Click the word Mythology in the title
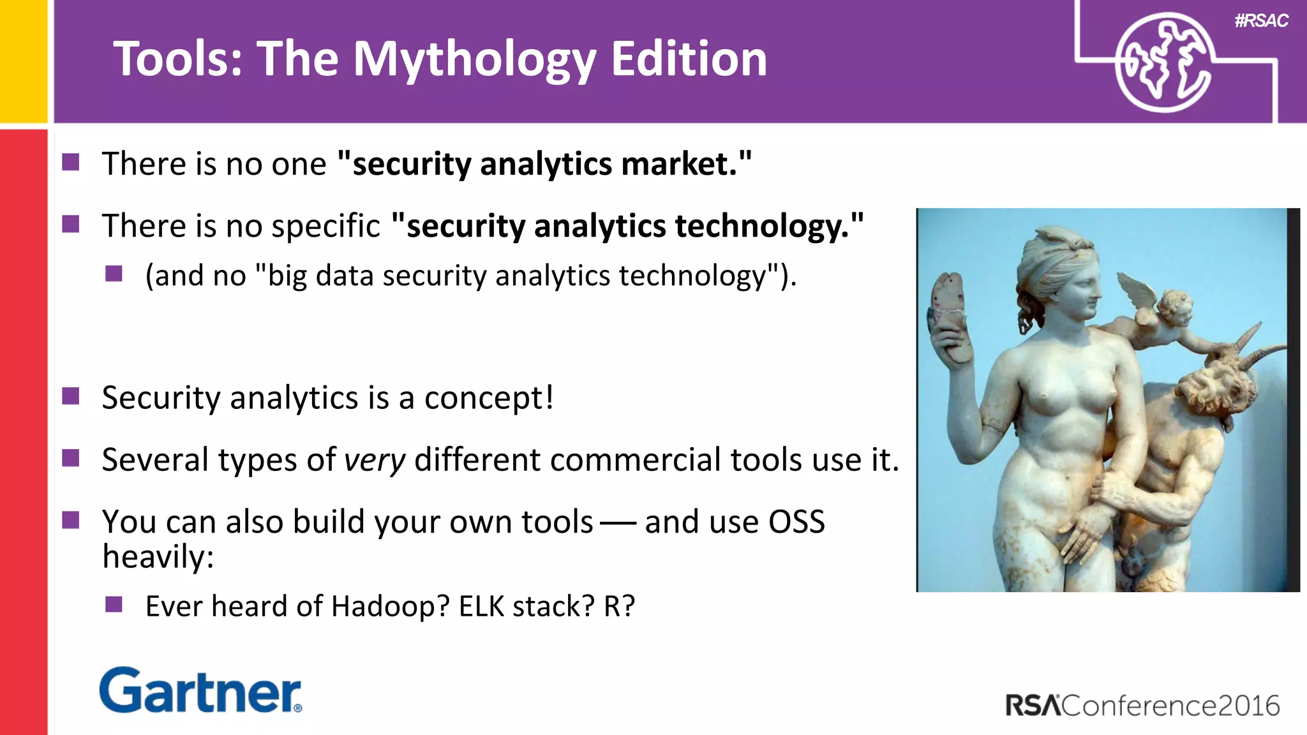pyautogui.click(x=474, y=59)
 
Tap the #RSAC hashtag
pyautogui.click(x=1261, y=21)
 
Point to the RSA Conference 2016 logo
pyautogui.click(x=1142, y=706)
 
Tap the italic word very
pyautogui.click(x=375, y=460)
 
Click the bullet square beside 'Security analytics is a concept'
pyautogui.click(x=71, y=396)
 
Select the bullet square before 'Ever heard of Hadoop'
pyautogui.click(x=114, y=604)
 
